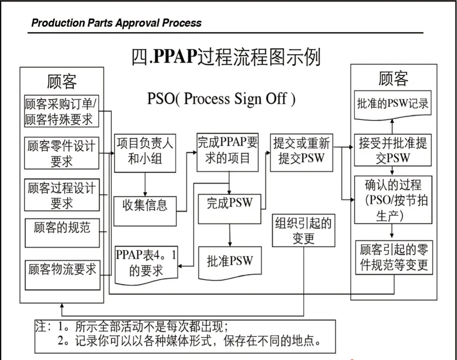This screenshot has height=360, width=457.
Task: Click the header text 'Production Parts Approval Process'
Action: pos(116,23)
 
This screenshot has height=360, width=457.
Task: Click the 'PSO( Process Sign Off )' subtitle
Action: pos(221,99)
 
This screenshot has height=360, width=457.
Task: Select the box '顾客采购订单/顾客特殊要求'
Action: pos(62,111)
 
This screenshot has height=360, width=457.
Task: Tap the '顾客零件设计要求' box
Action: pos(62,153)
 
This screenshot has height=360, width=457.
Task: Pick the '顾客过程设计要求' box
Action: pos(62,195)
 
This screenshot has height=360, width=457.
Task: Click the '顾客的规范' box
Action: pos(62,232)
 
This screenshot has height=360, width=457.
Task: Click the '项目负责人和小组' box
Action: pos(145,153)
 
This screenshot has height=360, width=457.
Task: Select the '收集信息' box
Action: pos(145,211)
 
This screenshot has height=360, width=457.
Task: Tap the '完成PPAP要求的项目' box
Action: pos(228,152)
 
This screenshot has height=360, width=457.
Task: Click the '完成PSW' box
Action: pos(229,209)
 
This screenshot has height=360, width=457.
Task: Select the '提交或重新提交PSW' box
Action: pos(301,152)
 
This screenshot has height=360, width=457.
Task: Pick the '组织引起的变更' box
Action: pos(303,231)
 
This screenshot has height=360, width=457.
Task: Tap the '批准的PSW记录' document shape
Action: pos(393,104)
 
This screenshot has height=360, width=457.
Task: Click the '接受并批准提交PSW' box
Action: pos(393,150)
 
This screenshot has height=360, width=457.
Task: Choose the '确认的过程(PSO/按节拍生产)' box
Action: pos(393,200)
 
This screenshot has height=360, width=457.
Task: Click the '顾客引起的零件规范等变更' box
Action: pos(394,257)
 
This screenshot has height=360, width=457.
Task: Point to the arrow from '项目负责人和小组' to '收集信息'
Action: pos(145,184)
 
